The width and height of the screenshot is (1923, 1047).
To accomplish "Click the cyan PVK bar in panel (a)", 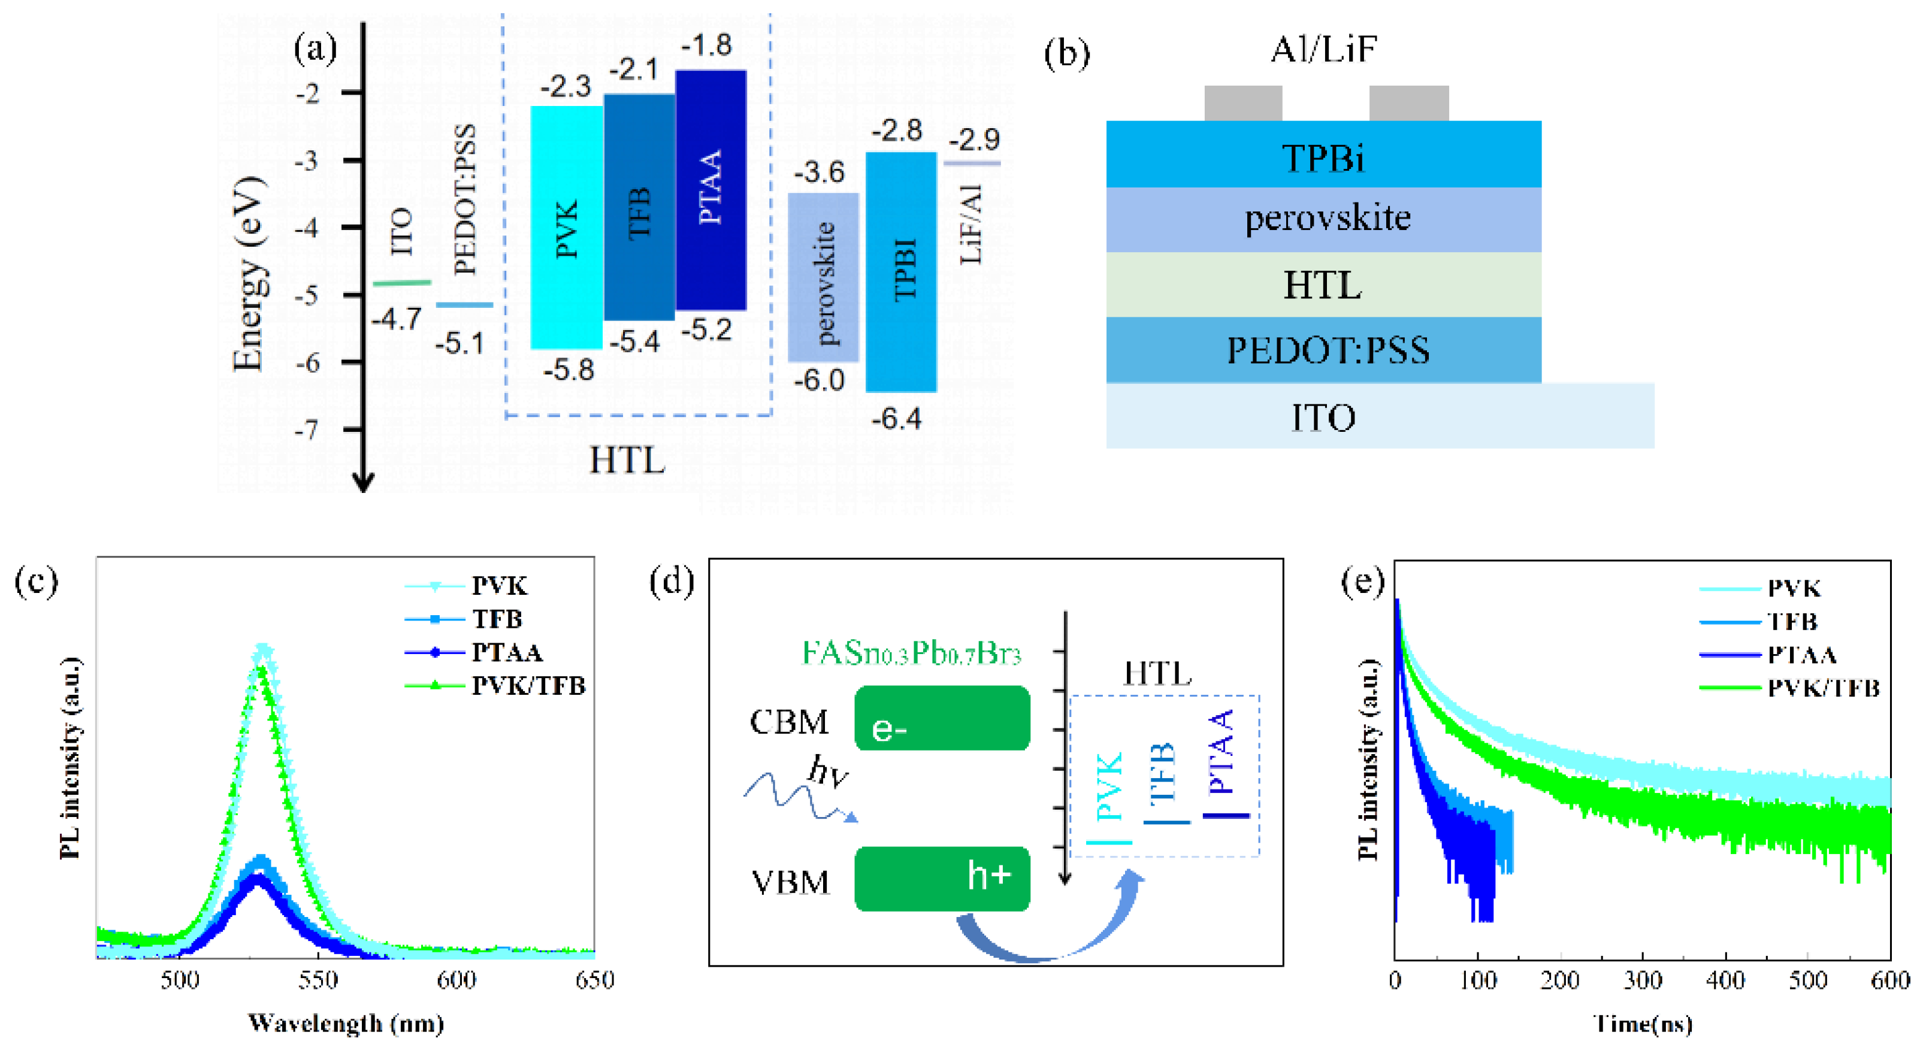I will pos(566,228).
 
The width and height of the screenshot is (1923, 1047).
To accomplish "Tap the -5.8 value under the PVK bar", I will pos(569,370).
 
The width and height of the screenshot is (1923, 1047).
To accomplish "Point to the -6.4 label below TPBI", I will pos(897,419).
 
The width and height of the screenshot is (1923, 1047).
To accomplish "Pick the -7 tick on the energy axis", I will pos(307,430).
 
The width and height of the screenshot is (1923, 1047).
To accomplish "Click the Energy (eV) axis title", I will pos(249,274).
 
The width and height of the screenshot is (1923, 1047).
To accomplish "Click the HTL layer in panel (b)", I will pos(1323,285).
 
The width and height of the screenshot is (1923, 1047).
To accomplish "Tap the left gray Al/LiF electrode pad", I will pos(1243,103).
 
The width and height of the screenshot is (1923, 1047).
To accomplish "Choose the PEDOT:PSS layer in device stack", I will pos(1323,350).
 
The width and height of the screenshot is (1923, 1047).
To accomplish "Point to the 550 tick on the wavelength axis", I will pos(318,980).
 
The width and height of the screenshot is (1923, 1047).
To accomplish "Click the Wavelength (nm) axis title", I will pos(346,1023).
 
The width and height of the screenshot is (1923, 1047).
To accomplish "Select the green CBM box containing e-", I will pos(942,718).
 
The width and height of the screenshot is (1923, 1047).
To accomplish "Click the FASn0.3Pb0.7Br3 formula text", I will pos(911,653).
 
